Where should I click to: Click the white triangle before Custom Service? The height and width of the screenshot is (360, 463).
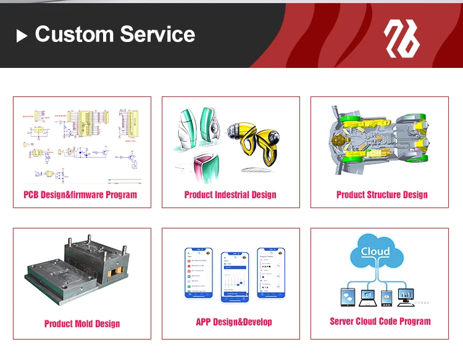pos(22,36)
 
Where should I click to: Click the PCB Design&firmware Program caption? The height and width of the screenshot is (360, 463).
pos(80,195)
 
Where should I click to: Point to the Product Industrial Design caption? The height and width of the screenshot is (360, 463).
pos(230,195)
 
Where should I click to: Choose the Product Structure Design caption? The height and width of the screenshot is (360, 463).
pos(382,195)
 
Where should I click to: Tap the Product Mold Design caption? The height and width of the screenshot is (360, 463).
pos(82,324)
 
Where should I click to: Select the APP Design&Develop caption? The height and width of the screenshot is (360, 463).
pos(234,322)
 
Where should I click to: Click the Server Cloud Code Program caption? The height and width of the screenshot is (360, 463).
pos(380,321)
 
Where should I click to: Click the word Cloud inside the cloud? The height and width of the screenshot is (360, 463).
pos(375,251)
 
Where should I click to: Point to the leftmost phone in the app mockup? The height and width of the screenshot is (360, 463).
pos(199,274)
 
